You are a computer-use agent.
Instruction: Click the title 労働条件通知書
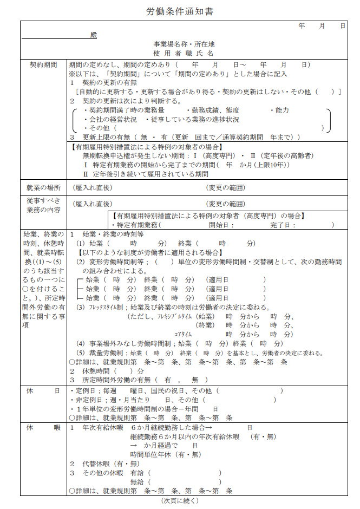179,11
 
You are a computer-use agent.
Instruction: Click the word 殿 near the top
94,35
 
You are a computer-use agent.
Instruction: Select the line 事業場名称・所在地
184,44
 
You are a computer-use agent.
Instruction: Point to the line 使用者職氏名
184,54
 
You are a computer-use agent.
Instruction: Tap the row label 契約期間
43,64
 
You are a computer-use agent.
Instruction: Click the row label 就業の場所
43,188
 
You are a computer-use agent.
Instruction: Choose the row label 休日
43,390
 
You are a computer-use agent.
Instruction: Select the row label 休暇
43,428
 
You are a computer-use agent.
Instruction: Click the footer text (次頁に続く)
180,501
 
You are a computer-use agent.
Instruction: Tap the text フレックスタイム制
105,308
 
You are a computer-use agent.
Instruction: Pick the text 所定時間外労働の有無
117,380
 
